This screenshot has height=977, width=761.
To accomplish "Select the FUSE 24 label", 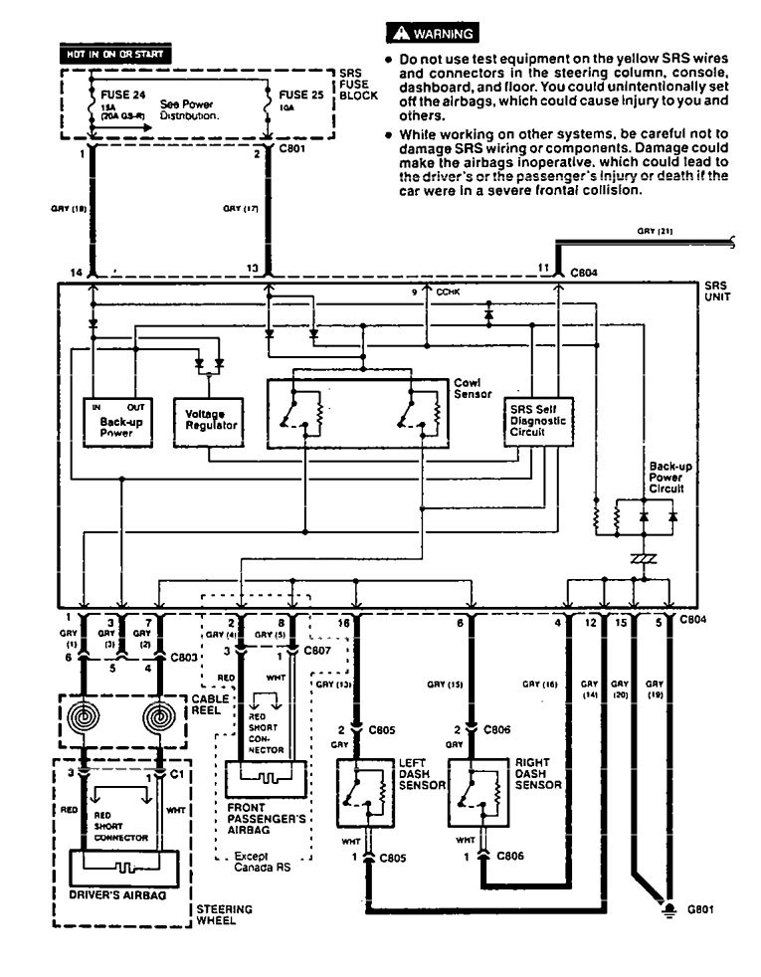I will (108, 98).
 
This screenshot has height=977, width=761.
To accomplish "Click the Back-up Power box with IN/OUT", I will (117, 425).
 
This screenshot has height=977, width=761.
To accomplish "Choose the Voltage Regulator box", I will (208, 425).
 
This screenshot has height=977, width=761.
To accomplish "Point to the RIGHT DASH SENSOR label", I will (537, 773).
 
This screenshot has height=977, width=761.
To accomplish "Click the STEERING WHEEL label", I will (224, 915).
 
